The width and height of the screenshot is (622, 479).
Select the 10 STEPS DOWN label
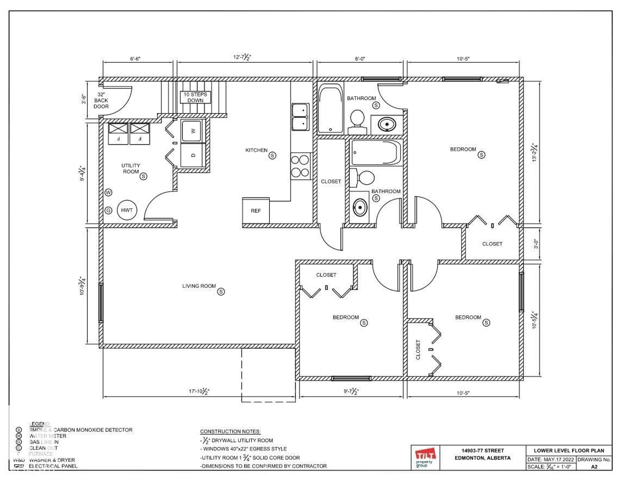point(195,97)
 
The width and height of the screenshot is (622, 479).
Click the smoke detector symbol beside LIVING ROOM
point(221,292)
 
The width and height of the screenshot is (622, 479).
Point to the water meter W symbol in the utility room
point(109,192)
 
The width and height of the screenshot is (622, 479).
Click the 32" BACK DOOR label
point(101,100)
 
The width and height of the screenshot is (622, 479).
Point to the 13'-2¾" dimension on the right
point(535,153)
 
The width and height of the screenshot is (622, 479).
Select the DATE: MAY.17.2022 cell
point(551,459)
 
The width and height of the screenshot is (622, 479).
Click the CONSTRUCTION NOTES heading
point(230,431)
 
